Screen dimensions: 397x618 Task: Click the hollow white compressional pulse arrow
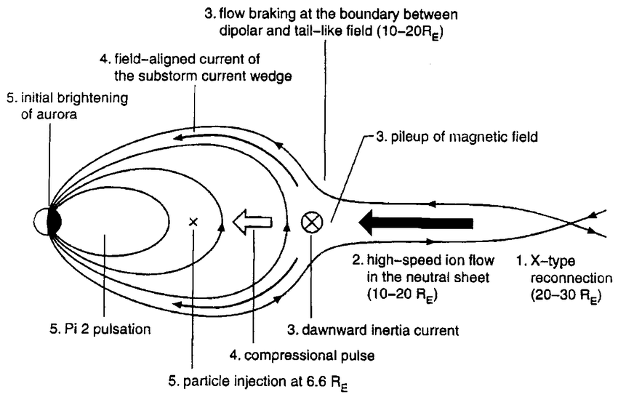pyautogui.click(x=252, y=222)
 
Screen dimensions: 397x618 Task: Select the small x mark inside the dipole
pyautogui.click(x=193, y=222)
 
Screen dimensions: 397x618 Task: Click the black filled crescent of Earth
pyautogui.click(x=55, y=221)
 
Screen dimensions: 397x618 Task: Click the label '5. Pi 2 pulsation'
pyautogui.click(x=100, y=329)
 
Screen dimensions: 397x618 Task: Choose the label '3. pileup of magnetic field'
pyautogui.click(x=449, y=135)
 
